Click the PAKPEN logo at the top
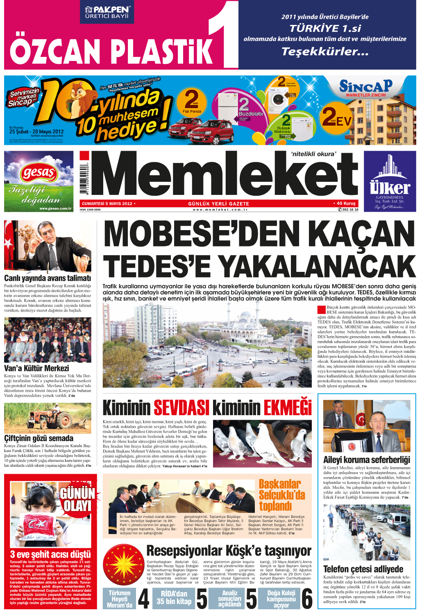coord(108,12)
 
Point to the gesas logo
coord(39,173)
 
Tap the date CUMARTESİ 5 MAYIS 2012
coord(107,203)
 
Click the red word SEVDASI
coord(182,408)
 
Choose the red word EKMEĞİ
coord(288,408)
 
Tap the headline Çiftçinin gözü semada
coord(39,438)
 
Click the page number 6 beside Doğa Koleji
coord(307,599)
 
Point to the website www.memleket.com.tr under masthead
coord(220,210)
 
